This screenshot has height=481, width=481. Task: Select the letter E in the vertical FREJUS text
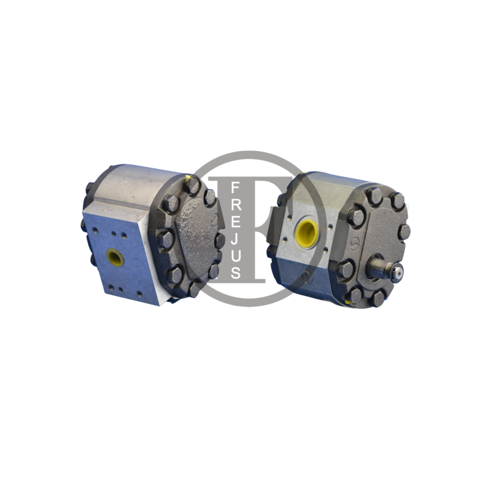235,220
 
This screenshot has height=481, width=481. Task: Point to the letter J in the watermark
235,238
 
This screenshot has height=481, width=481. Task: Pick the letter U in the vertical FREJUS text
235,256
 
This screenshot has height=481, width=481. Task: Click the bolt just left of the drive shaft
347,269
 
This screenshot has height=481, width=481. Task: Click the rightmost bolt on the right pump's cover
404,232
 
